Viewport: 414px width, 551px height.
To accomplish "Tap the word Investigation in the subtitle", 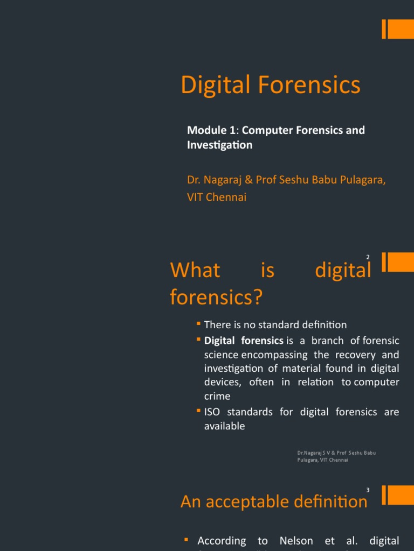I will coord(219,145).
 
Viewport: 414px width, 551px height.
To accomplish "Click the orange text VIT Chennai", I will coord(216,197).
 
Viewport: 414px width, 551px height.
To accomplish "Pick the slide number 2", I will coord(368,258).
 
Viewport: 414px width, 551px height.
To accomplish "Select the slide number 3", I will coord(368,490).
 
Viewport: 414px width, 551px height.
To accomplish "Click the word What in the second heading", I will coord(195,270).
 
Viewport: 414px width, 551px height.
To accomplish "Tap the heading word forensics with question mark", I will coord(216,297).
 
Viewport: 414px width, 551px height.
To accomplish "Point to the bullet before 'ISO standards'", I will coord(198,411).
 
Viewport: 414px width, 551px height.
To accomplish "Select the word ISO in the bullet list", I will coord(212,412).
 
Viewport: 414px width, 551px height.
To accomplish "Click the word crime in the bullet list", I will coord(217,396).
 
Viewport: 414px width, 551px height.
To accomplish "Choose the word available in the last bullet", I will coord(224,426).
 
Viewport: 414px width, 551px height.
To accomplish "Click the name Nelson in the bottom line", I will coord(296,541).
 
